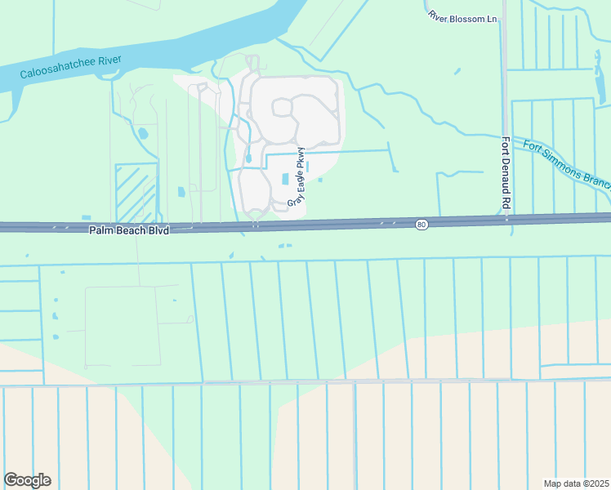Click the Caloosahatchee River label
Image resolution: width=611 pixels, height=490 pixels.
coord(70,66)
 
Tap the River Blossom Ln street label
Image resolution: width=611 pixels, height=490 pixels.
coord(462,16)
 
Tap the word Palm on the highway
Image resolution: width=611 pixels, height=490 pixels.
coord(101,231)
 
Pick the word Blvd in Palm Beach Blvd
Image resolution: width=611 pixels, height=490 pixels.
coord(158,231)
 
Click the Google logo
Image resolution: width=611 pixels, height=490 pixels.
coord(27,480)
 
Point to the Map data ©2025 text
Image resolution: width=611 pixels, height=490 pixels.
coord(576,483)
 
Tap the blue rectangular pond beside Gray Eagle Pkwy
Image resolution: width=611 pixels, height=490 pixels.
coord(284,179)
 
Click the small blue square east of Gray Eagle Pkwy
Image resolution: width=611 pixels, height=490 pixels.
coord(320,180)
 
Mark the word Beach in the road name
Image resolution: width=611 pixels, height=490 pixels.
coord(130,231)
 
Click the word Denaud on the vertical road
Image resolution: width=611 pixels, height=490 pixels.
coord(506,179)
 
